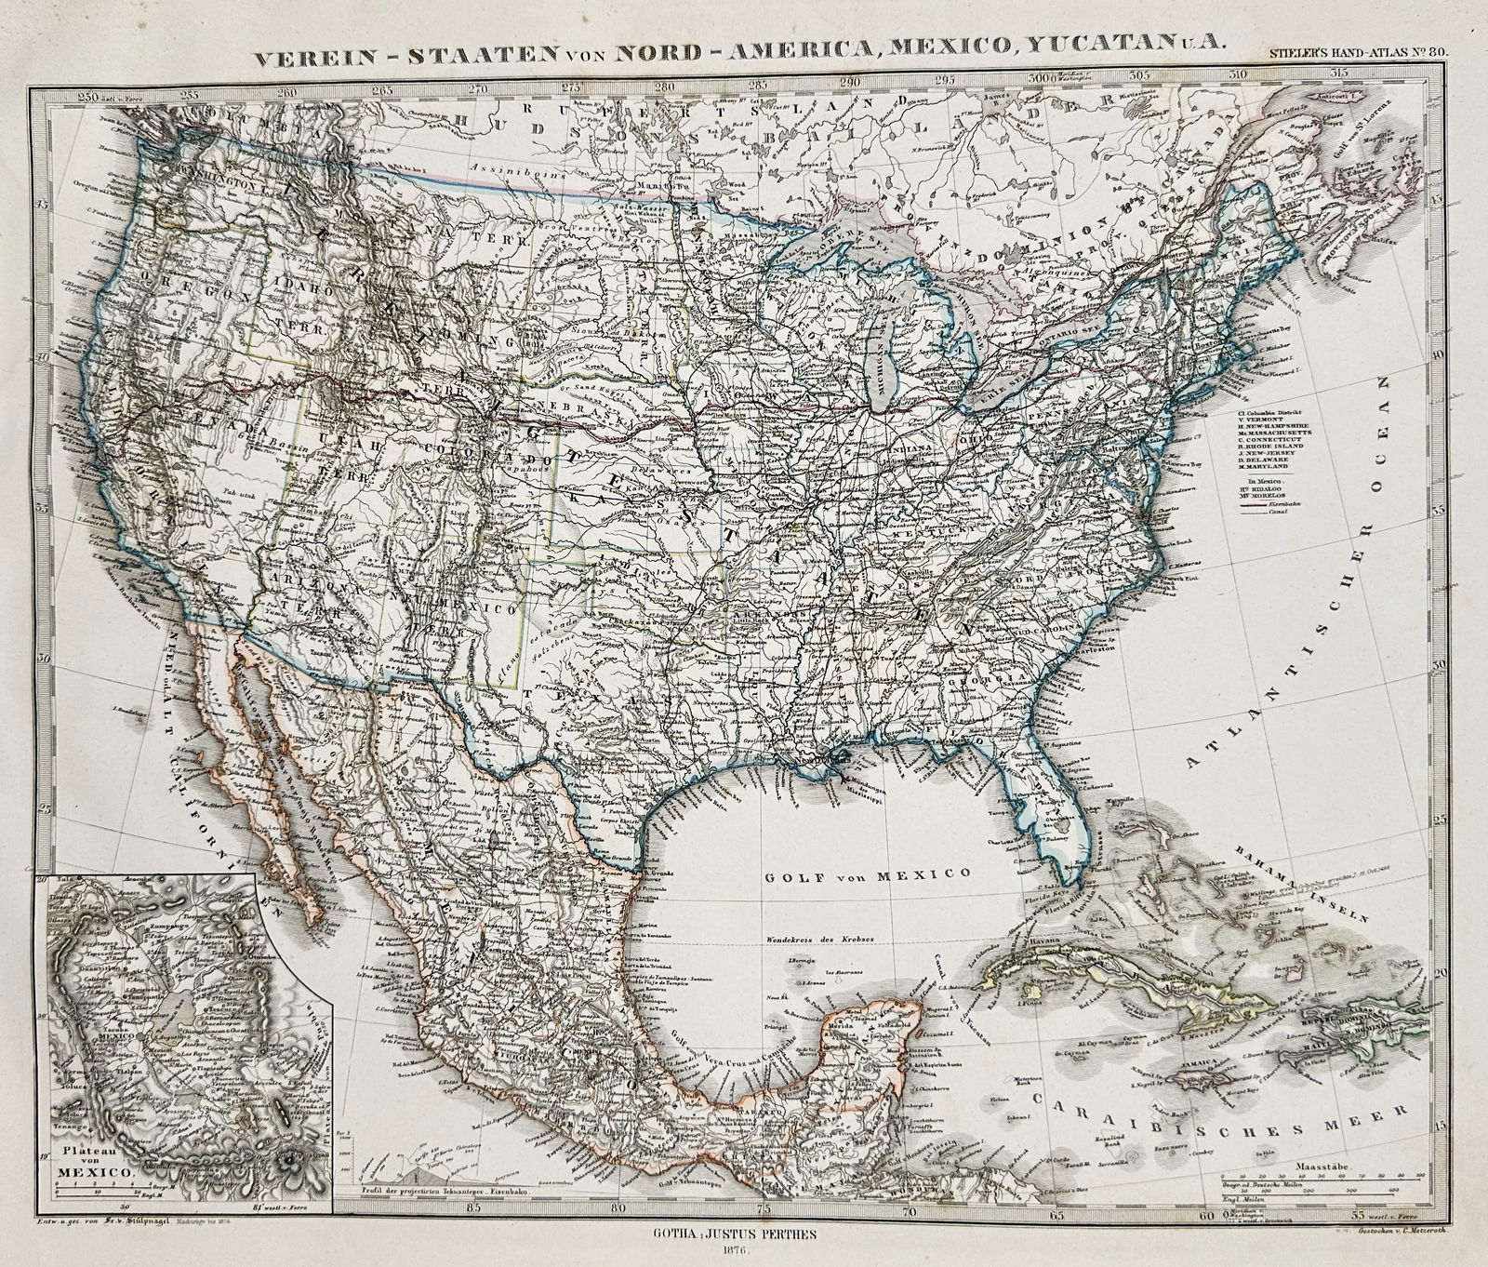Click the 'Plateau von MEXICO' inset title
click(x=97, y=1163)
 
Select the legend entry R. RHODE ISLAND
click(x=1270, y=447)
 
